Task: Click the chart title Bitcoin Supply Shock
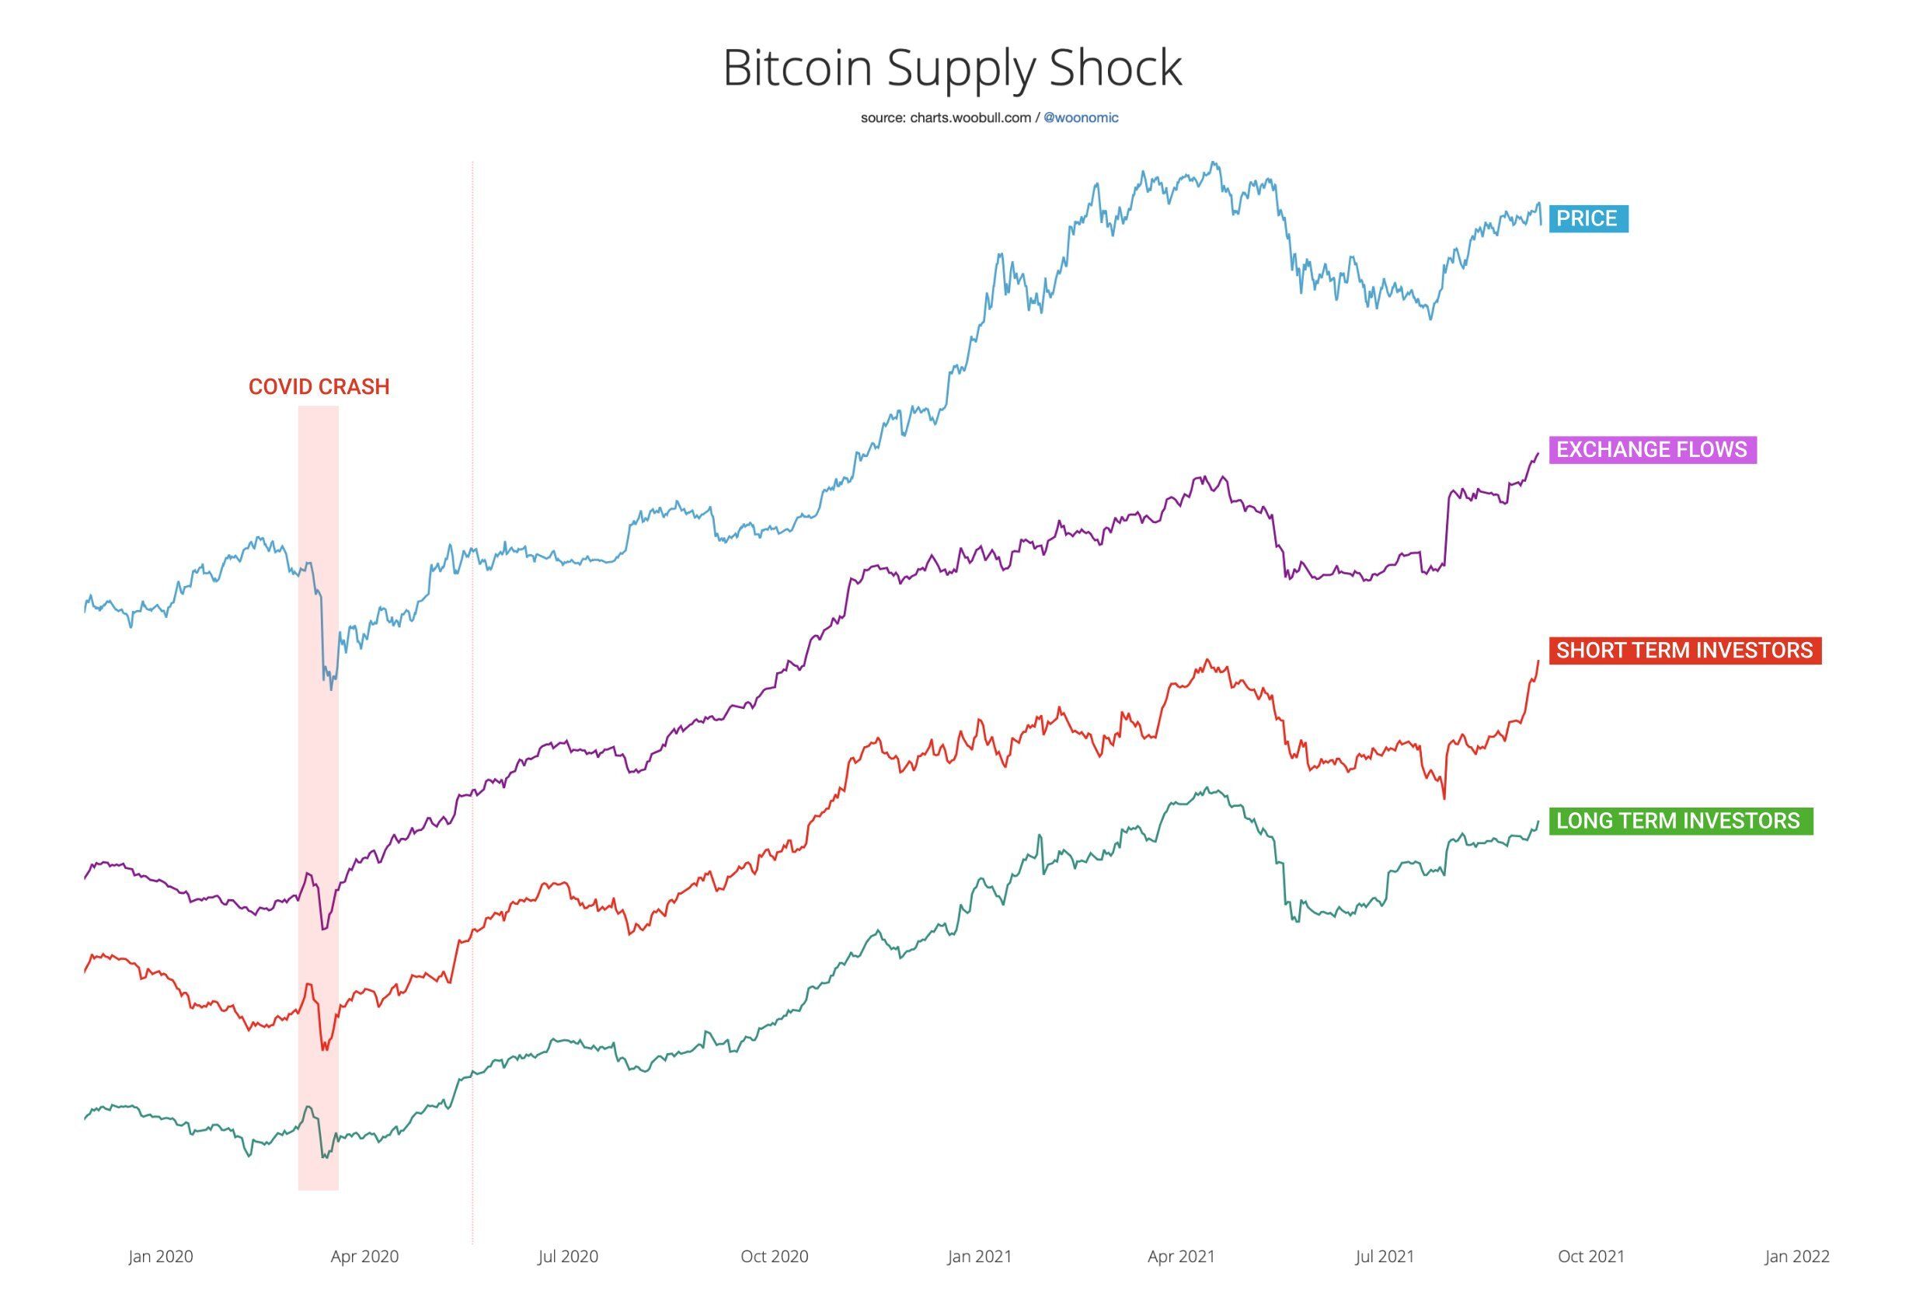click(953, 67)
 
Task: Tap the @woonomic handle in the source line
click(1081, 118)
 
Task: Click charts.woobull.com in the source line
click(970, 118)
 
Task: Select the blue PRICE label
click(1587, 218)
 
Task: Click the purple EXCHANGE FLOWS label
click(1651, 449)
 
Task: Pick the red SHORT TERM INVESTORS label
click(1684, 650)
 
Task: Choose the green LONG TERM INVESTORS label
click(1678, 821)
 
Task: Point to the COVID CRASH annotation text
click(319, 387)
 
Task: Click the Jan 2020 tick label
click(161, 1256)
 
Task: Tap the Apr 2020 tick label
click(364, 1256)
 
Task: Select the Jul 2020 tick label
click(568, 1256)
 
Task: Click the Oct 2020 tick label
click(774, 1256)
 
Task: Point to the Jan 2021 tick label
click(980, 1256)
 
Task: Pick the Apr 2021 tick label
click(1182, 1256)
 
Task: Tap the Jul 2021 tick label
click(1385, 1256)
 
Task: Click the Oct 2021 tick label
click(1590, 1256)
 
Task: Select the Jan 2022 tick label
click(1797, 1256)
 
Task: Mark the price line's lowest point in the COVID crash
click(332, 689)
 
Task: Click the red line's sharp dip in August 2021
click(1444, 797)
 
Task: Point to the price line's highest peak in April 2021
click(1213, 162)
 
